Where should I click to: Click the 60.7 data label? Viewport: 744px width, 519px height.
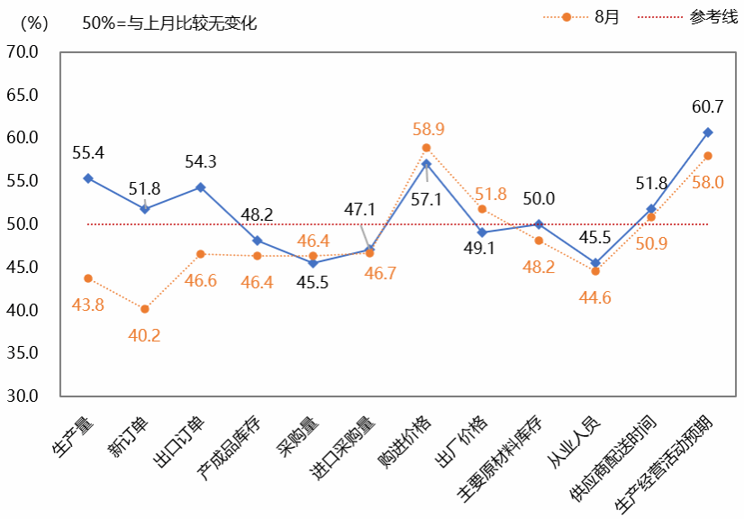pyautogui.click(x=708, y=106)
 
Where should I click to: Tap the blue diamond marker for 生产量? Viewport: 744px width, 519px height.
pyautogui.click(x=87, y=178)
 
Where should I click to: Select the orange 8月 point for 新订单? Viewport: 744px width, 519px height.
pyautogui.click(x=144, y=309)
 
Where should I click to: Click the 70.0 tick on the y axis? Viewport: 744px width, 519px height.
pyautogui.click(x=22, y=51)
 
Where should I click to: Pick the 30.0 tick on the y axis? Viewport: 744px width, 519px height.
pyautogui.click(x=22, y=396)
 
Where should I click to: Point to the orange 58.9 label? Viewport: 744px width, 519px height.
pyautogui.click(x=427, y=129)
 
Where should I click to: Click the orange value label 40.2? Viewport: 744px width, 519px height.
pyautogui.click(x=144, y=335)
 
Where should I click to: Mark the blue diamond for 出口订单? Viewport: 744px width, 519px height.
pyautogui.click(x=201, y=187)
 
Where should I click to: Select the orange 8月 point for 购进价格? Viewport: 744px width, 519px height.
pyautogui.click(x=427, y=148)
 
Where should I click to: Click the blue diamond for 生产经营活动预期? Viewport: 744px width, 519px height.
pyautogui.click(x=708, y=132)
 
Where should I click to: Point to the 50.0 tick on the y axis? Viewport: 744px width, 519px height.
pyautogui.click(x=22, y=223)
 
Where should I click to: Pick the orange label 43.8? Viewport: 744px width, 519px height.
pyautogui.click(x=87, y=305)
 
